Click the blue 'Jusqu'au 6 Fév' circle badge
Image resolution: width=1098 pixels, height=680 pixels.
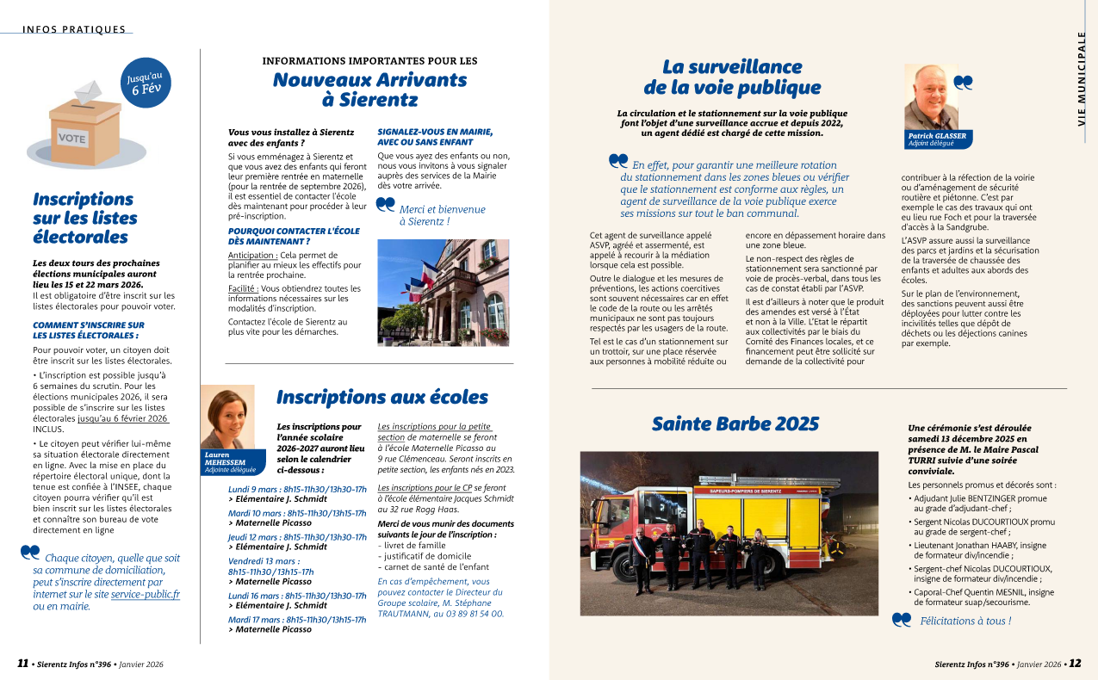[x=146, y=83]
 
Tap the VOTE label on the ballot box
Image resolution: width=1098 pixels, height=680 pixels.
[x=72, y=138]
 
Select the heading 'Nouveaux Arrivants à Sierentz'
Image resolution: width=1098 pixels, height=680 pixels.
[x=369, y=90]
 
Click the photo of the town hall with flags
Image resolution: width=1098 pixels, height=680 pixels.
[x=444, y=292]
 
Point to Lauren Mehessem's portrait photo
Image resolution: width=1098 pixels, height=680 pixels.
[x=227, y=417]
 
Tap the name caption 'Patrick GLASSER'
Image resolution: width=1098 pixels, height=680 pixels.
[x=937, y=136]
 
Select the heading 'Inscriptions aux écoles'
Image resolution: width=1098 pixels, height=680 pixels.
[x=382, y=397]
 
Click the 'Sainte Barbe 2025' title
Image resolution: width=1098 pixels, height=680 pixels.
[x=735, y=423]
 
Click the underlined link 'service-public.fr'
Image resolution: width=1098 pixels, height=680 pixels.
[x=146, y=594]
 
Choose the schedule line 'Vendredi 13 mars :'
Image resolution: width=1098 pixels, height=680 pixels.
[x=264, y=560]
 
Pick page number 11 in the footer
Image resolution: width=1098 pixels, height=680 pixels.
[x=23, y=664]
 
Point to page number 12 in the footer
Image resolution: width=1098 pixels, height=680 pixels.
[x=1075, y=664]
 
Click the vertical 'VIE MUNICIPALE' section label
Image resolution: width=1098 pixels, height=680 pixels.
[x=1082, y=78]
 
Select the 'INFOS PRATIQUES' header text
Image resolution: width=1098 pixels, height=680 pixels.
[x=74, y=29]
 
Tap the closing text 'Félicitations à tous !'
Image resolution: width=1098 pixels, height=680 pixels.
[x=965, y=621]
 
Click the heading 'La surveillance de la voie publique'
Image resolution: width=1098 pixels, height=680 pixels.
[x=732, y=77]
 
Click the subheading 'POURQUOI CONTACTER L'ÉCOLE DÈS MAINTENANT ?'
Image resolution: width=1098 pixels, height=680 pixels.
[x=294, y=236]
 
